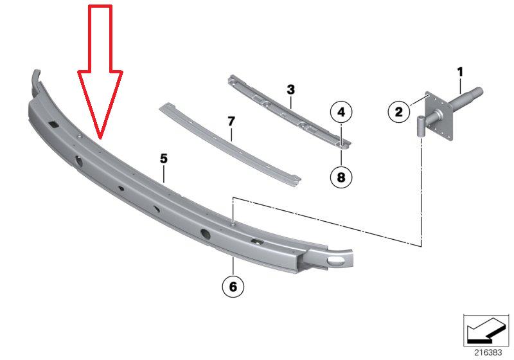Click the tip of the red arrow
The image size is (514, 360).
pyautogui.click(x=100, y=138)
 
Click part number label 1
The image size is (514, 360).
pyautogui.click(x=460, y=71)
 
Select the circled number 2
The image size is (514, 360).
pyautogui.click(x=398, y=112)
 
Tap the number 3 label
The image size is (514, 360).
pyautogui.click(x=290, y=89)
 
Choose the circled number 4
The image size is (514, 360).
pyautogui.click(x=341, y=112)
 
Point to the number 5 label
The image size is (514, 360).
pyautogui.click(x=164, y=159)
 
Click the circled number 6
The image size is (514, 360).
pyautogui.click(x=233, y=287)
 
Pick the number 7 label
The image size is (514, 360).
pyautogui.click(x=231, y=122)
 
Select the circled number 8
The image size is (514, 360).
pyautogui.click(x=341, y=177)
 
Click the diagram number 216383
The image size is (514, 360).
pyautogui.click(x=488, y=352)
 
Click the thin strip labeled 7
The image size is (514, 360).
pyautogui.click(x=229, y=145)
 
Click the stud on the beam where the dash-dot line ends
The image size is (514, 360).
pyautogui.click(x=233, y=224)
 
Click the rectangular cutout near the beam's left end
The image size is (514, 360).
pyautogui.click(x=53, y=124)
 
